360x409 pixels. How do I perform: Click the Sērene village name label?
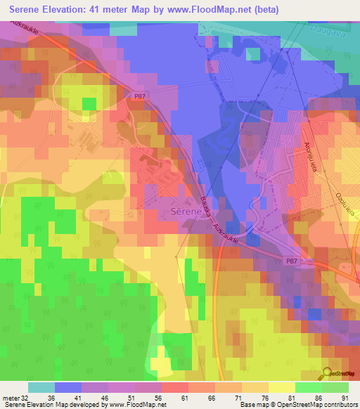(185, 210)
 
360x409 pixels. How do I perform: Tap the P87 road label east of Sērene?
(292, 260)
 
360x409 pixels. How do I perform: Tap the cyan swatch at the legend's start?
(41, 387)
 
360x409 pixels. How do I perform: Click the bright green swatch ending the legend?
(335, 387)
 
